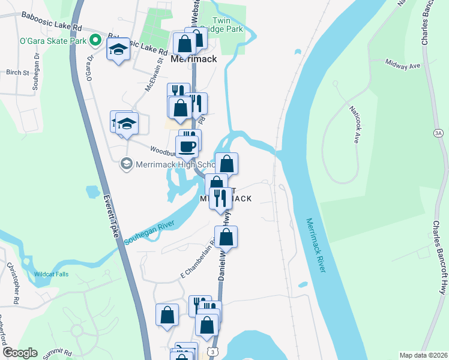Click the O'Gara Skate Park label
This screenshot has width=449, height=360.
click(x=53, y=41)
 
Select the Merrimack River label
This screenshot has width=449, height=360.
click(x=315, y=245)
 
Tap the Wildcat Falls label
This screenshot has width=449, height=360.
click(x=51, y=274)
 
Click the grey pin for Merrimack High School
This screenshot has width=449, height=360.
click(x=126, y=163)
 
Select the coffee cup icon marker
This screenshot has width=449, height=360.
click(x=186, y=146)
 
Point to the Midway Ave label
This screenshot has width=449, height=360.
click(x=402, y=63)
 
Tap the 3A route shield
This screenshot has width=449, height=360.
click(x=438, y=133)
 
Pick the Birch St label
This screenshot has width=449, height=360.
click(x=17, y=73)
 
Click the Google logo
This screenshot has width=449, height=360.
click(x=20, y=353)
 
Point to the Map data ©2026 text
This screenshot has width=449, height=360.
click(x=423, y=355)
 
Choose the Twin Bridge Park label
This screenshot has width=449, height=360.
click(x=228, y=25)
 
